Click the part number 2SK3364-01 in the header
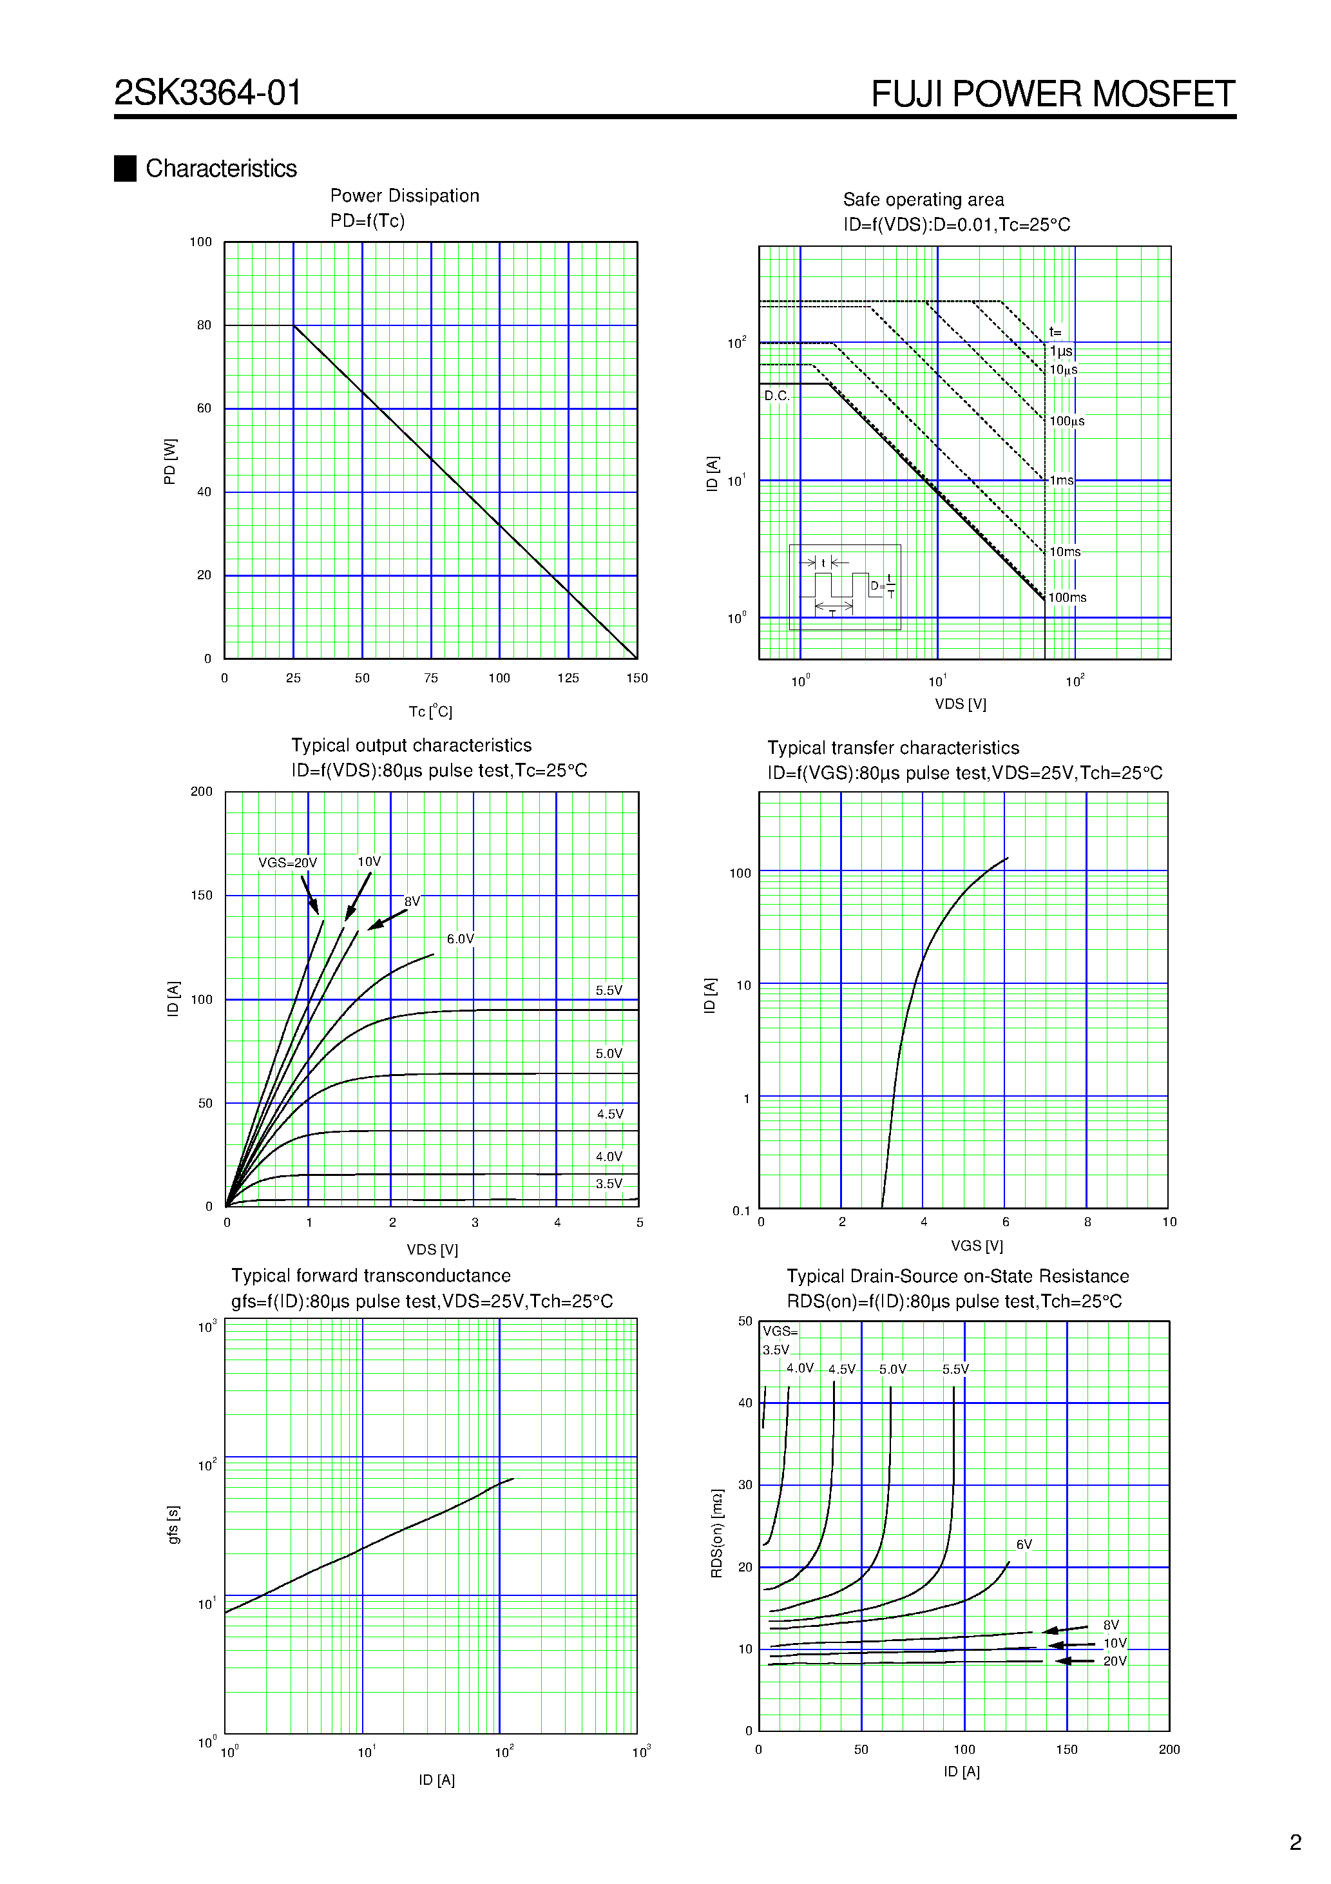click(x=207, y=93)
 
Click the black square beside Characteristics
click(x=125, y=168)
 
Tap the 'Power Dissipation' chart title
click(x=405, y=196)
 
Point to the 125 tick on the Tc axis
click(x=568, y=678)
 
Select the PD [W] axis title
click(x=170, y=461)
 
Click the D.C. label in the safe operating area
click(x=776, y=396)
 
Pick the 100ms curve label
click(x=1067, y=597)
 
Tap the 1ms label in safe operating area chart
click(x=1061, y=480)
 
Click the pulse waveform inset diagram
click(x=845, y=587)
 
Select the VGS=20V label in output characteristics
click(x=287, y=862)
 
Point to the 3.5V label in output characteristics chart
click(x=609, y=1183)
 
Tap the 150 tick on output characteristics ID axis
click(x=202, y=895)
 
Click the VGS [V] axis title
click(x=977, y=1245)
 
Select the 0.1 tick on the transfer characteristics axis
click(x=741, y=1210)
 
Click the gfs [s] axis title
click(x=173, y=1524)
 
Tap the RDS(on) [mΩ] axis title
click(x=716, y=1533)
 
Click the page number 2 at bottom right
click(x=1295, y=1843)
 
